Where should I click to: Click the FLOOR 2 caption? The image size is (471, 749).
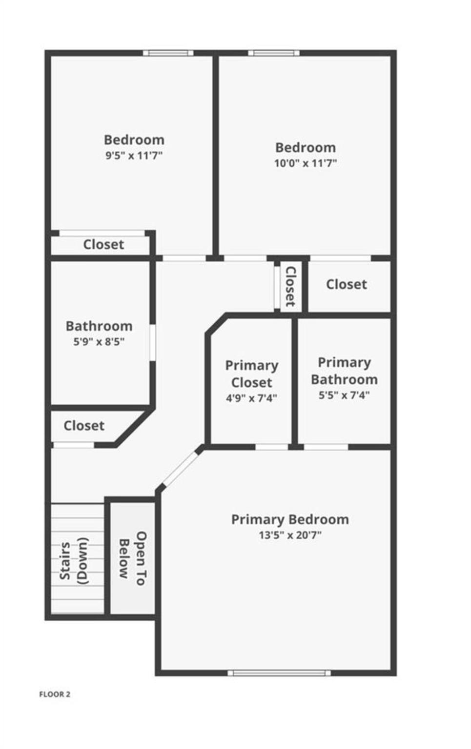point(55,694)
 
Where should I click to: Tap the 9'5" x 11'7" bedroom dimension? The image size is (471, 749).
point(134,156)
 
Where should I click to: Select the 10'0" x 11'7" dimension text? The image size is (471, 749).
point(306,163)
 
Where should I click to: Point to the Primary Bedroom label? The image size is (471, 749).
point(290,520)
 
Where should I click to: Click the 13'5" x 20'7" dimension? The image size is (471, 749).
point(290,535)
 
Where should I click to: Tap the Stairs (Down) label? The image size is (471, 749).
point(73,561)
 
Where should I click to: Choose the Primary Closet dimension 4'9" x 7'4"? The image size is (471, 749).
point(251,398)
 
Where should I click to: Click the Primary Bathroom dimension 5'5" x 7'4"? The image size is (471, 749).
point(344,395)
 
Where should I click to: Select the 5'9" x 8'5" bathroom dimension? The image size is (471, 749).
point(99,341)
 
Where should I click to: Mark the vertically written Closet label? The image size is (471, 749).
point(290,286)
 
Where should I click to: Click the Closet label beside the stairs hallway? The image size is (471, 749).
point(84,426)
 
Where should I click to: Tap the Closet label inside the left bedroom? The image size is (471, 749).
point(103,244)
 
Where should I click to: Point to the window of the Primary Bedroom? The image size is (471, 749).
point(279,673)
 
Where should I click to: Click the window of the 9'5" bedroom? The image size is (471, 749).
point(168,53)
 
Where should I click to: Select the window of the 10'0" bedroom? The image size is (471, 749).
point(274,53)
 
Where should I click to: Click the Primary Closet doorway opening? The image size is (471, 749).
point(272,447)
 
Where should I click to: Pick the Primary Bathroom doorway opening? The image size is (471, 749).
point(326,447)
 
